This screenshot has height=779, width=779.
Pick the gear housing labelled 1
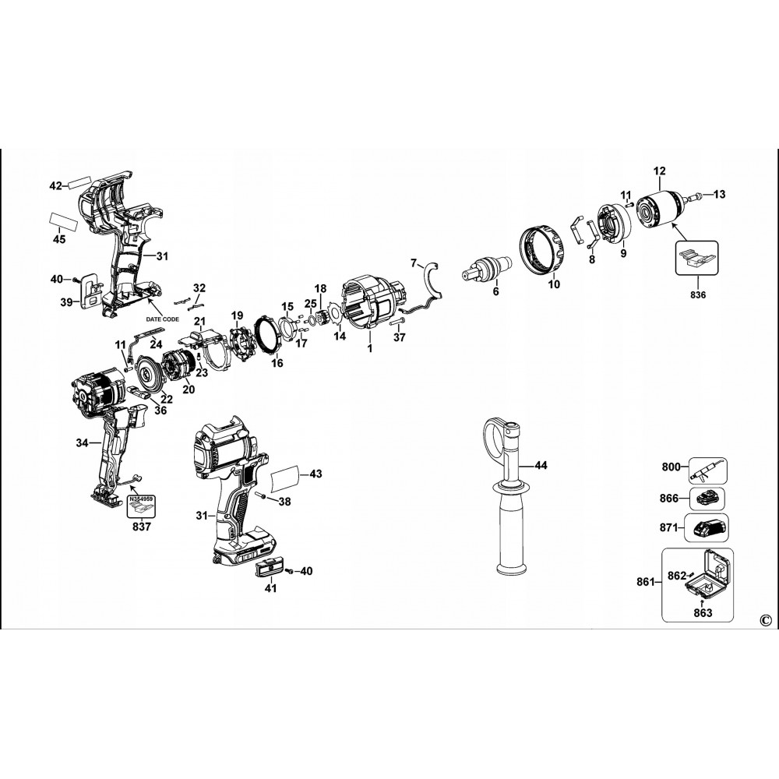pyautogui.click(x=375, y=304)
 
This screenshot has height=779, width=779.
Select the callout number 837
pyautogui.click(x=141, y=525)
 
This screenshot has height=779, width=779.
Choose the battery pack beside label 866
pyautogui.click(x=709, y=498)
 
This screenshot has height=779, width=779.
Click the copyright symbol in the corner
pyautogui.click(x=763, y=619)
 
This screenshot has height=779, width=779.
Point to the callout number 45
pyautogui.click(x=59, y=240)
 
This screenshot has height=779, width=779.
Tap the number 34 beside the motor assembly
pyautogui.click(x=82, y=443)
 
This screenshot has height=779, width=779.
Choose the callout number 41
pyautogui.click(x=270, y=589)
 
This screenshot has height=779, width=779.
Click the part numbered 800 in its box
pyautogui.click(x=707, y=470)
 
